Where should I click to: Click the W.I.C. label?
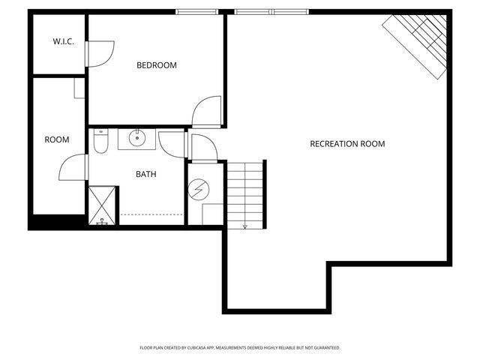click(x=61, y=41)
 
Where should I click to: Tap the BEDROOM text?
click(x=156, y=65)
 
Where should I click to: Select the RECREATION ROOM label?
click(x=347, y=143)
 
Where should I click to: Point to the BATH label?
click(x=145, y=174)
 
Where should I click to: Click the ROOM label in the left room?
click(x=57, y=139)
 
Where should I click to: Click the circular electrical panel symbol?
click(x=198, y=190)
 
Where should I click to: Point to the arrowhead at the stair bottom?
click(x=244, y=225)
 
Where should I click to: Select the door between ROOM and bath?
click(x=74, y=166)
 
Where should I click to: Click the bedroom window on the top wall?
click(x=198, y=12)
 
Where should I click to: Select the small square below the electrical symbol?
click(x=211, y=213)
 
